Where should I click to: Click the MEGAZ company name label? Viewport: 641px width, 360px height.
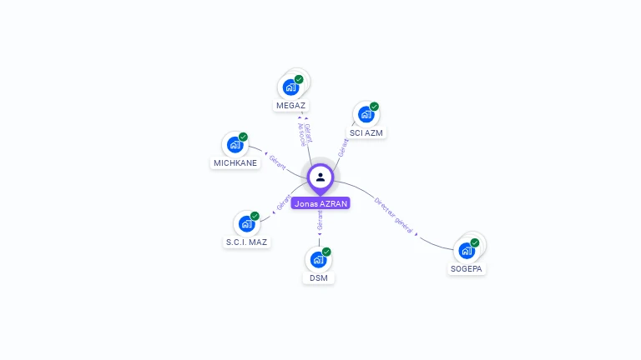[x=290, y=106]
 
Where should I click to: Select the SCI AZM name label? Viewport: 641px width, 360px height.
[x=367, y=132]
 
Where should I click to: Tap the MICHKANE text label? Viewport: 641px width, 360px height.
[x=235, y=162]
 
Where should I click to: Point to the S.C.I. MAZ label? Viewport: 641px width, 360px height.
[x=247, y=242]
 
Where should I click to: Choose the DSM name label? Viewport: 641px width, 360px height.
[x=319, y=277]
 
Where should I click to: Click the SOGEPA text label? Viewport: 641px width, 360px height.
[x=467, y=269]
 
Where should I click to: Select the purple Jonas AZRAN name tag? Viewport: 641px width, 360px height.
[x=321, y=203]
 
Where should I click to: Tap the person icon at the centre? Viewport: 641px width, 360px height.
[x=320, y=177]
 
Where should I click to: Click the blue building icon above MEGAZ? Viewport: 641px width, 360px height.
[x=290, y=87]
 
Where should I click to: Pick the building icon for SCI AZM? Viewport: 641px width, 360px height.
[x=366, y=114]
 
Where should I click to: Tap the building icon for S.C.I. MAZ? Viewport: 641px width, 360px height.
[x=246, y=223]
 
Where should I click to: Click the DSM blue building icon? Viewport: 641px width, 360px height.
[x=318, y=259]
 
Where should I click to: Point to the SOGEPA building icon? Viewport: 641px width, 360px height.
[x=466, y=250]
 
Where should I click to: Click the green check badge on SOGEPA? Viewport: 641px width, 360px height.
[x=475, y=242]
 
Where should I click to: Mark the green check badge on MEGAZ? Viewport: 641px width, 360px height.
[x=299, y=79]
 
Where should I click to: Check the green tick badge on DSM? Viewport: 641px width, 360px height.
[x=326, y=252]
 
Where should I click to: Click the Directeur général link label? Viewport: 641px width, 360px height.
[x=394, y=214]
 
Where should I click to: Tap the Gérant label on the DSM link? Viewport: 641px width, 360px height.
[x=320, y=220]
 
